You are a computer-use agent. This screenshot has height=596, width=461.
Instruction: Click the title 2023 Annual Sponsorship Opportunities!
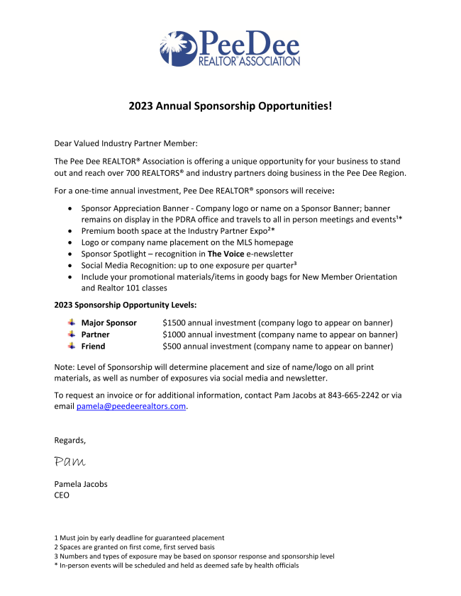[x=230, y=106]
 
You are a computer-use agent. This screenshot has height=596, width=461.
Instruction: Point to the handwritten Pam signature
[x=70, y=461]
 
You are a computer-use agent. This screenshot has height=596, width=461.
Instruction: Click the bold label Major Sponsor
[x=109, y=322]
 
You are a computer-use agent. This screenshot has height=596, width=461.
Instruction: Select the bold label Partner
[x=96, y=334]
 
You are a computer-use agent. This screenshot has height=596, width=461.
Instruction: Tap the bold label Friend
[x=93, y=346]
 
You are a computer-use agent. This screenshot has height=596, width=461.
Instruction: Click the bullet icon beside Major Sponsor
[x=71, y=322]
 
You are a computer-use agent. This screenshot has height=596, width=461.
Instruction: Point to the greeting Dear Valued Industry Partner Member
[x=126, y=144]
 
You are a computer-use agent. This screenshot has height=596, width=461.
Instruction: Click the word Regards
[x=70, y=440]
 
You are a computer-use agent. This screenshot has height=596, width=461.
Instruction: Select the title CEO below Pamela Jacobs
[x=62, y=495]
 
